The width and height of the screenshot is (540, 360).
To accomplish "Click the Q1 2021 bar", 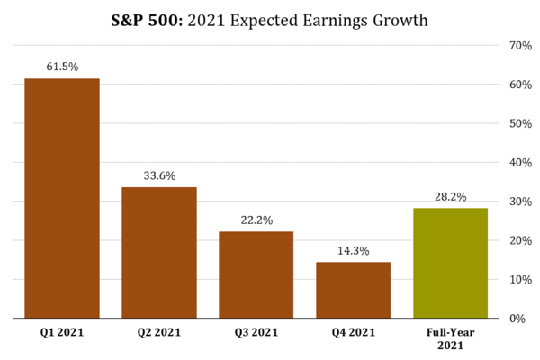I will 62,198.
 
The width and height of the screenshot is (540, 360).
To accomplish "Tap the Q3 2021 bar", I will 256,274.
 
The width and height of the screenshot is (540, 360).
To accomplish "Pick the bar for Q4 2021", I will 354,290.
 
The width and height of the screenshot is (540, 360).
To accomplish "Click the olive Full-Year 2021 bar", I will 450,263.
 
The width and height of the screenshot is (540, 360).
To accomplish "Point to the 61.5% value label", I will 62,67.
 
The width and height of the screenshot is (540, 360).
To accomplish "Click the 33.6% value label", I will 159,175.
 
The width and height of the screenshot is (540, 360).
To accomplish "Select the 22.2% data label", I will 256,220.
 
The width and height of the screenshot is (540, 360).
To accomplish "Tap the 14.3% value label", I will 354,250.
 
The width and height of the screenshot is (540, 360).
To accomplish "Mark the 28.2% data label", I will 450,196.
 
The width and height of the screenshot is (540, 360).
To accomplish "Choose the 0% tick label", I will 518,319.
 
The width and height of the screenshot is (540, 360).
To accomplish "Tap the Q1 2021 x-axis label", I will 62,333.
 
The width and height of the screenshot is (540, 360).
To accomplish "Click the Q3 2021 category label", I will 256,333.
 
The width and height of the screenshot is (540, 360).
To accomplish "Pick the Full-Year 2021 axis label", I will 450,339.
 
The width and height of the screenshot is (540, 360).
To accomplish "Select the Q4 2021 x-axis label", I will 354,333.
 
